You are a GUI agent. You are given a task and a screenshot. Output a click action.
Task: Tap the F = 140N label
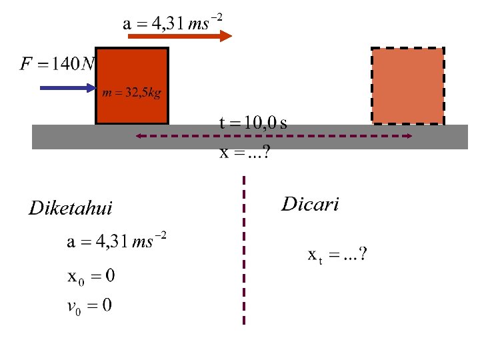58,64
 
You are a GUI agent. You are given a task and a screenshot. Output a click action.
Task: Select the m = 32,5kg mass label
131,93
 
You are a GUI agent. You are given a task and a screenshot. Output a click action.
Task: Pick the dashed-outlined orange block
407,86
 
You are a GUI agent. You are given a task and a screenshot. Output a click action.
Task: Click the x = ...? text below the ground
245,153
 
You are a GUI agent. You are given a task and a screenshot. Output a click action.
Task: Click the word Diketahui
71,209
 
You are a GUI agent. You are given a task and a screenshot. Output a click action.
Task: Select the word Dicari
310,204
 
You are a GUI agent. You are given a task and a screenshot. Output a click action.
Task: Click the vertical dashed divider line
244,250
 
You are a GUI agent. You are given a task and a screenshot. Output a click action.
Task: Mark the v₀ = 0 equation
90,307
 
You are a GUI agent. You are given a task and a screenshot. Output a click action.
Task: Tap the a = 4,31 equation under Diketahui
117,241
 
